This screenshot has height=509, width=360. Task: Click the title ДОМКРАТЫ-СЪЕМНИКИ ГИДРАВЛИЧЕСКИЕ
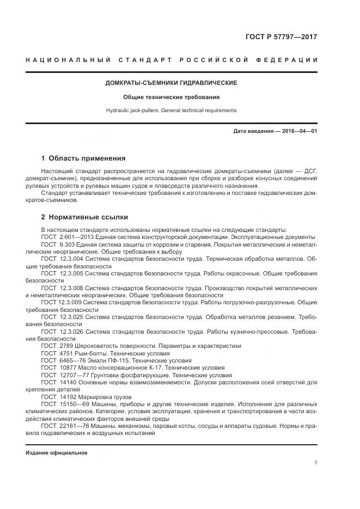pyautogui.click(x=171, y=83)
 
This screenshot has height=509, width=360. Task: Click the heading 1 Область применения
pyautogui.click(x=83, y=158)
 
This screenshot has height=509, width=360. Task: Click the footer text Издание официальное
pyautogui.click(x=57, y=453)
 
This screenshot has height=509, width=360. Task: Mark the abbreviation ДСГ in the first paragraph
pyautogui.click(x=311, y=172)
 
